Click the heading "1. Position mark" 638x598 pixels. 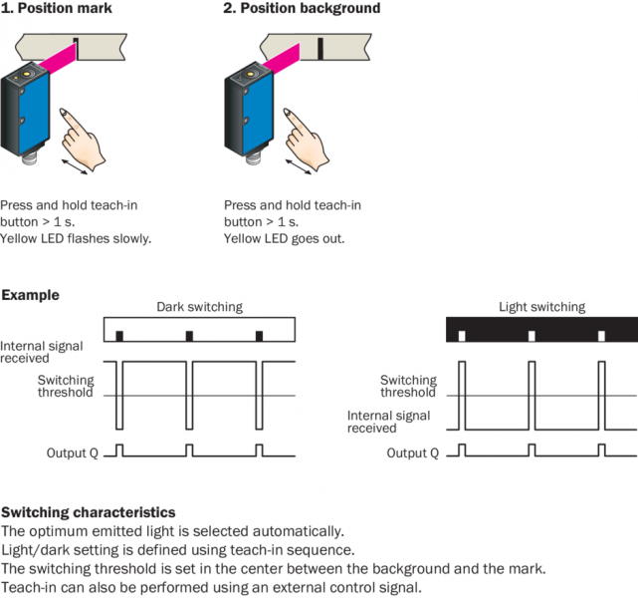[x=57, y=9]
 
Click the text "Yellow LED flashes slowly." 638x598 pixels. [x=76, y=239]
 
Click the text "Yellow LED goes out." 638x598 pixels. [x=284, y=239]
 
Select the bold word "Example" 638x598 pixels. [x=30, y=295]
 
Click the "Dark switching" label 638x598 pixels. [x=198, y=307]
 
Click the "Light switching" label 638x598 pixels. [x=541, y=307]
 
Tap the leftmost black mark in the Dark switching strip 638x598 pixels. [x=118, y=336]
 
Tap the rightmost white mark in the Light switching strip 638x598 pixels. [x=600, y=336]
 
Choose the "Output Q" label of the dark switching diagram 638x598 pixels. [x=74, y=453]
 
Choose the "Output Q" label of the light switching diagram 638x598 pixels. [x=412, y=453]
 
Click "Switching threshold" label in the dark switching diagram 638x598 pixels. [x=66, y=387]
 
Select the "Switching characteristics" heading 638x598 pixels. [x=89, y=512]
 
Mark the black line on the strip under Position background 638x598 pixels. [x=320, y=47]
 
